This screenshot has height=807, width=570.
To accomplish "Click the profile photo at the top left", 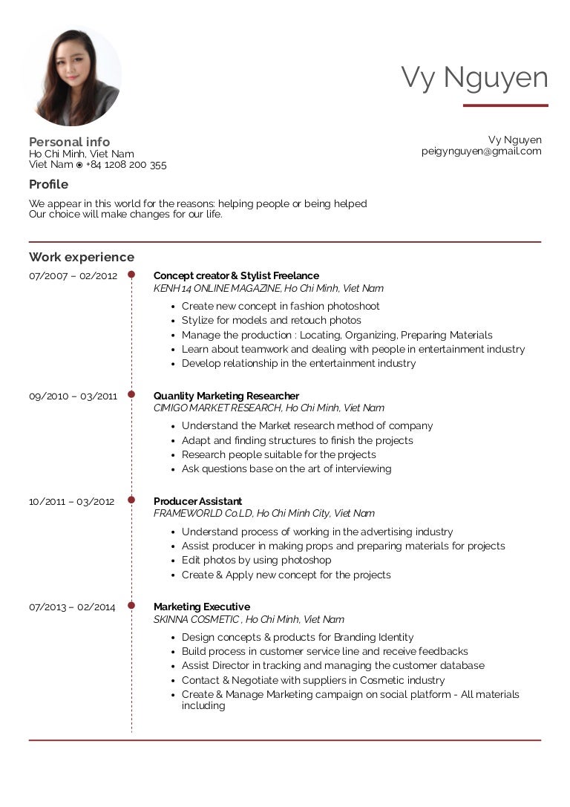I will (x=73, y=77).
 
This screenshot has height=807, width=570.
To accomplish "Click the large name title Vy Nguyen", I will (x=474, y=78).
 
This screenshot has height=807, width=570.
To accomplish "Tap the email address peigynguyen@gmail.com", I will (x=481, y=151).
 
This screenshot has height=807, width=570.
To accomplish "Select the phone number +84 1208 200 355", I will (x=126, y=165).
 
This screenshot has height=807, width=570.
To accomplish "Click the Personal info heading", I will (x=69, y=142).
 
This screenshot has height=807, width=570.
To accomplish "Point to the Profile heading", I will (x=48, y=184).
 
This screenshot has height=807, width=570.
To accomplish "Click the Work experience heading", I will (x=82, y=257).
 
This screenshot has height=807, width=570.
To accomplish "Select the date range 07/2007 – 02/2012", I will (x=73, y=276).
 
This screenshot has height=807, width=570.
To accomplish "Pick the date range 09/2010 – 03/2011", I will (x=73, y=396).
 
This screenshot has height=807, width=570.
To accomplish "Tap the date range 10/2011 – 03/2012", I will (x=71, y=502).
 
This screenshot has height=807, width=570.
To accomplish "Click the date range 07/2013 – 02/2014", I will (x=72, y=607).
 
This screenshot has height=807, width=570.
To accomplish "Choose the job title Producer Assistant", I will (x=197, y=502).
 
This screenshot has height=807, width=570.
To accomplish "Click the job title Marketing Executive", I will (x=201, y=607).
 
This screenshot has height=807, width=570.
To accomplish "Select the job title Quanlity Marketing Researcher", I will (x=226, y=396).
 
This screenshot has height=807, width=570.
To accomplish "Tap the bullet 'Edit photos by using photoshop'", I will (x=256, y=561).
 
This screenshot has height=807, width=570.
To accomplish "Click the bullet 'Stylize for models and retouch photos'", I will (x=271, y=321).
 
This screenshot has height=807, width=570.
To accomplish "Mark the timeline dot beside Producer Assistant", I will (x=131, y=501).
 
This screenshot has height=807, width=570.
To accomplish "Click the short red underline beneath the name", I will (x=505, y=105).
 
